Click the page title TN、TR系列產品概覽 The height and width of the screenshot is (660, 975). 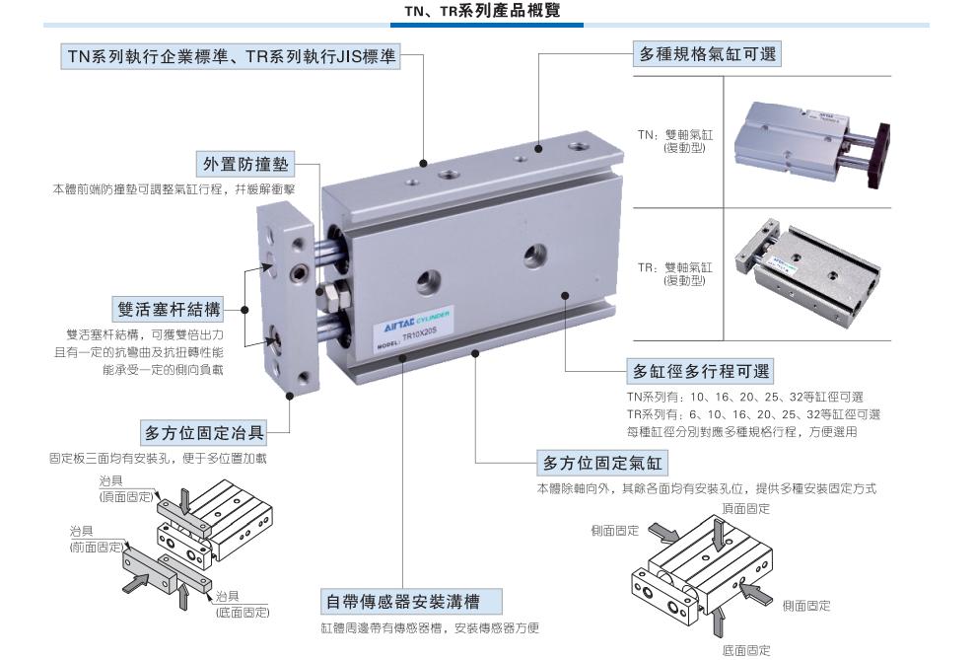pos(482,11)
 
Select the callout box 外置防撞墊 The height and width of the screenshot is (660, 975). pos(245,164)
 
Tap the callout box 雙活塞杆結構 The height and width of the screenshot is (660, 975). pos(170,309)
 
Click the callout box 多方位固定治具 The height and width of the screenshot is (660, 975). pos(204,432)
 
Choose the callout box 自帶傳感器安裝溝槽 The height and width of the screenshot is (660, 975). pos(411,601)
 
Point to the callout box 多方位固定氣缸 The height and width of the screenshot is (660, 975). pos(603,463)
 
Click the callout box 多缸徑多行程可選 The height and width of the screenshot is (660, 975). pos(701,371)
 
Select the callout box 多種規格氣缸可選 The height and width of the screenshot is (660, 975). pos(708,54)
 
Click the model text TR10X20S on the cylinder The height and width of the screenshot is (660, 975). pos(420,336)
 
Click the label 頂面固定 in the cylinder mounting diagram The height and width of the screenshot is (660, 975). pos(745,508)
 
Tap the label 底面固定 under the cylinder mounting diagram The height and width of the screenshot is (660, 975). pos(746,650)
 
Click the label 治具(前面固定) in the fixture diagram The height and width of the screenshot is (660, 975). pos(97,539)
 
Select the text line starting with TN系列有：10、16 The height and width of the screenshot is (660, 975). pos(745,397)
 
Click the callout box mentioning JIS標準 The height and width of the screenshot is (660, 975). pos(232,56)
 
